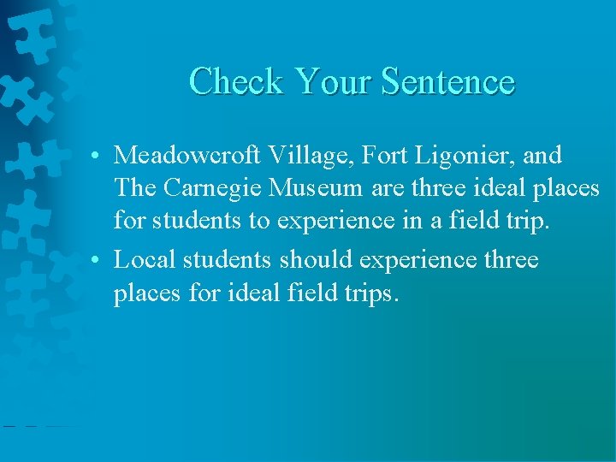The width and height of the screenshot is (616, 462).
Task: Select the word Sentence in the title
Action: [447, 82]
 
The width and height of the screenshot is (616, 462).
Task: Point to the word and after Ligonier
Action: [544, 156]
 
